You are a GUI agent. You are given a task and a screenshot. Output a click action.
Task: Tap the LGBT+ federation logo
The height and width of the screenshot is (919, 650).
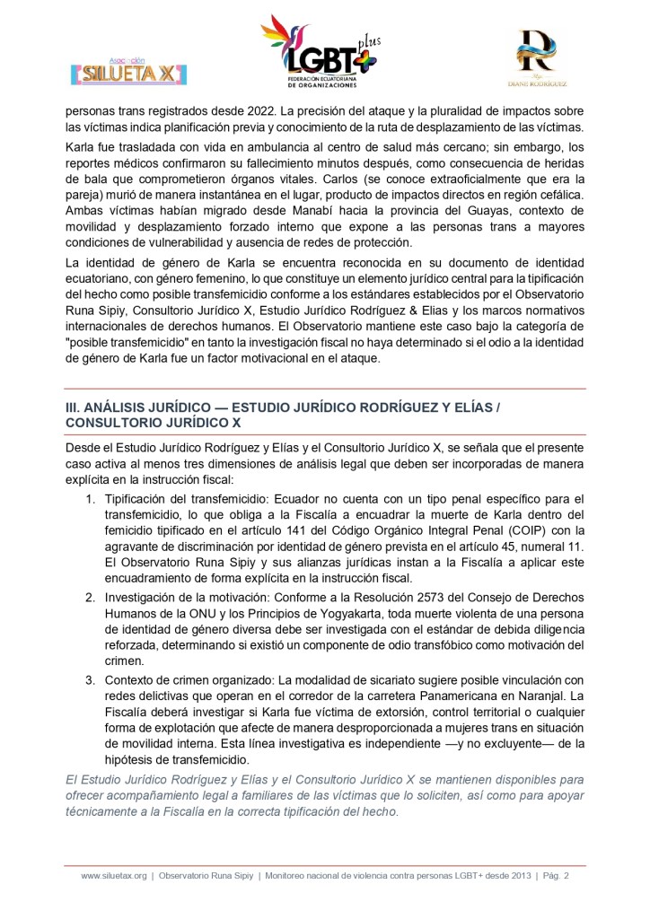[320, 53]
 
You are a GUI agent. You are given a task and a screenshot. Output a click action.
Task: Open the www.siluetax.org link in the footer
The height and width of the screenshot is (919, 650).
[113, 876]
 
